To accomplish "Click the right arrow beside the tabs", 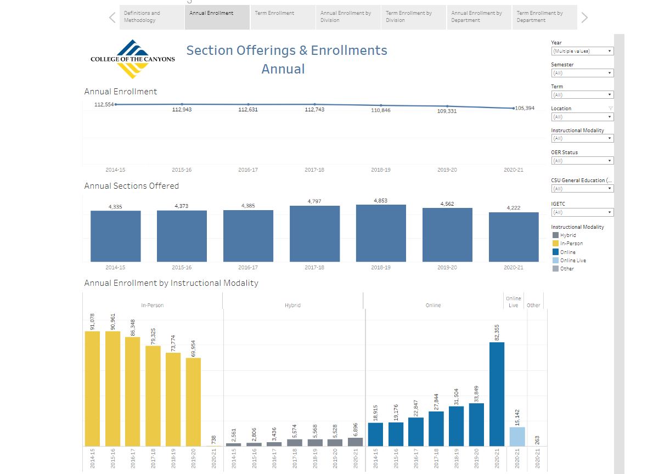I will (x=584, y=18).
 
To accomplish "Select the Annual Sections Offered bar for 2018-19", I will (x=381, y=233).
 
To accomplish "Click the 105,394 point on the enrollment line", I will (x=514, y=108).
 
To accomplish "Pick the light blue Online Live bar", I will (x=517, y=437).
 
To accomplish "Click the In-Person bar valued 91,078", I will (x=92, y=388).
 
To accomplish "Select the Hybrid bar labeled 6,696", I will (x=355, y=442).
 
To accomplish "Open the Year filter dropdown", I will (x=582, y=51).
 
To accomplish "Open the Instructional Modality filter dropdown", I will (x=582, y=139).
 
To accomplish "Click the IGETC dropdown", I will (x=582, y=212).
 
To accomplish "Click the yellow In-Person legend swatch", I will (x=555, y=244).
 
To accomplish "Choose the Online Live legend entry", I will (x=573, y=260).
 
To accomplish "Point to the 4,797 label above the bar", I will (x=314, y=201).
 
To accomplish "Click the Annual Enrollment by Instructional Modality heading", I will (x=171, y=283).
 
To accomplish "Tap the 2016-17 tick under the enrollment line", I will (x=248, y=170).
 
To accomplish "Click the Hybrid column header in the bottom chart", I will (x=293, y=305).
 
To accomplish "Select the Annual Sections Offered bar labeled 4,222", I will (x=514, y=237).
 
